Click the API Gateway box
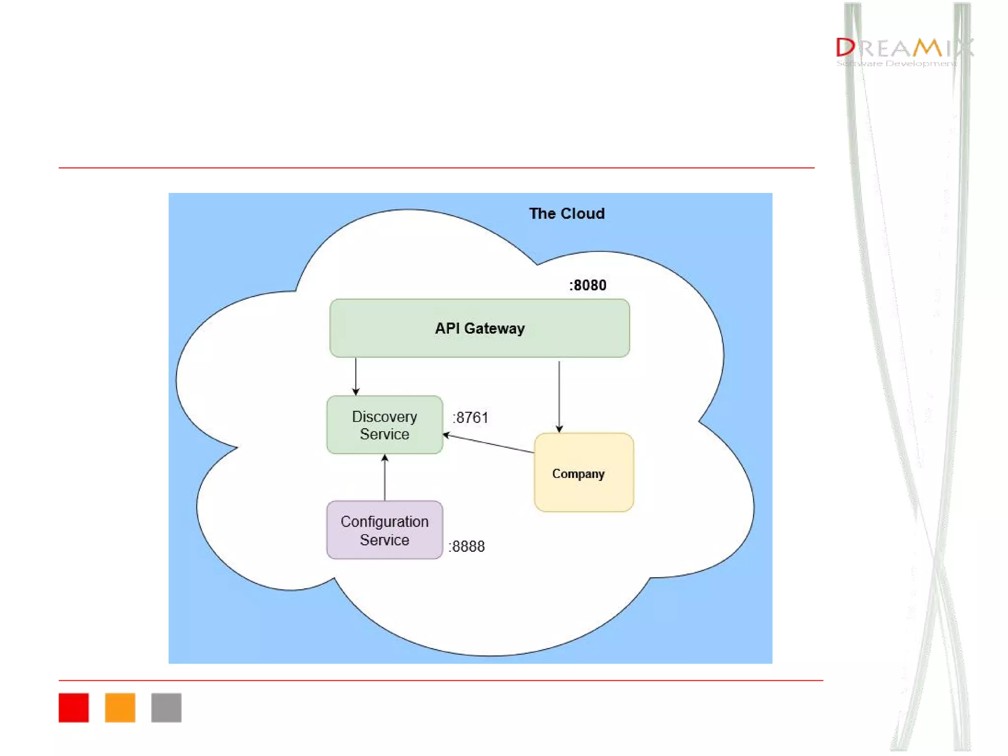pos(479,328)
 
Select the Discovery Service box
pos(384,425)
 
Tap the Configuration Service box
pos(384,530)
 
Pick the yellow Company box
pos(584,472)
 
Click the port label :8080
pos(588,285)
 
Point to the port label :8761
pos(471,418)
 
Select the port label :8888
pos(467,546)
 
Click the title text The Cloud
pos(567,214)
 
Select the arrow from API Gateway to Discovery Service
pos(356,377)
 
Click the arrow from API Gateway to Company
pos(559,396)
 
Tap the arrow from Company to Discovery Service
pos(488,443)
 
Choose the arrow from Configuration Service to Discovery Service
pos(385,477)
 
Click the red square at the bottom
pos(74,708)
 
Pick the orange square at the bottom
pos(120,708)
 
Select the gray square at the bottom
pos(166,708)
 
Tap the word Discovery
pos(384,417)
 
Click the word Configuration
pos(384,522)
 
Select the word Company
pos(578,474)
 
